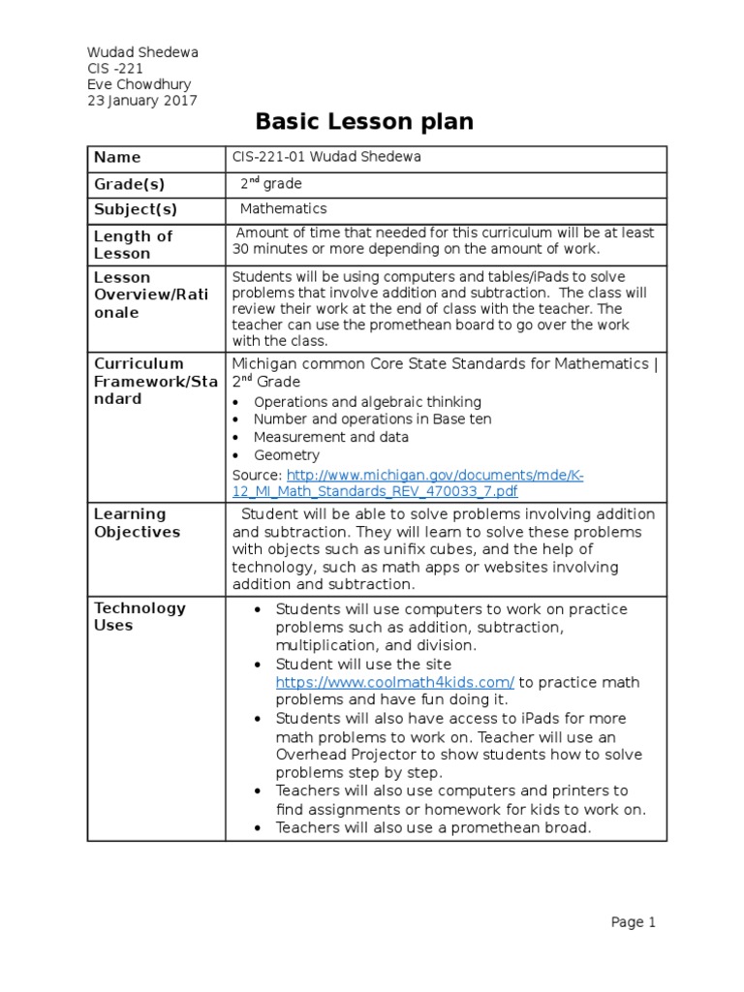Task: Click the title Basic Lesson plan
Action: tap(364, 122)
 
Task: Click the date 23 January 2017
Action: tap(141, 99)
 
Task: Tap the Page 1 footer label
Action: tap(634, 922)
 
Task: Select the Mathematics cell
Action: tap(284, 208)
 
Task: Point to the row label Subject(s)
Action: tap(135, 209)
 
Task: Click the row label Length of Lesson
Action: tap(133, 244)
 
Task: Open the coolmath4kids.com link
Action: tap(395, 682)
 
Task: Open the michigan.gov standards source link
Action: tap(407, 482)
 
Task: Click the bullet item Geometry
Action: tap(287, 455)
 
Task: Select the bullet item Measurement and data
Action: tap(330, 437)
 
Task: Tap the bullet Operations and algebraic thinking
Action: tap(367, 402)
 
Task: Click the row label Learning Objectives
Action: tap(137, 523)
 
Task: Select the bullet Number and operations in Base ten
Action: tap(372, 419)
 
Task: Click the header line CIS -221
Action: tap(114, 68)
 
